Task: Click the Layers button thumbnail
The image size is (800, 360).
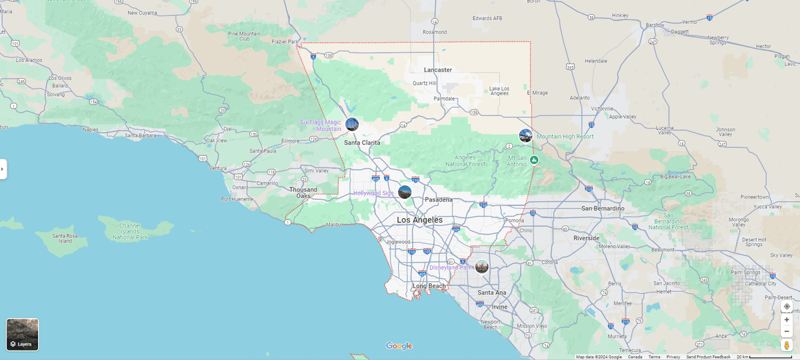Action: (x=23, y=334)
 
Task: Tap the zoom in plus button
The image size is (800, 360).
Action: (x=787, y=320)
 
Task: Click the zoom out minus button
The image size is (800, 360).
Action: (x=787, y=331)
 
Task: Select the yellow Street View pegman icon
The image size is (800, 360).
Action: (x=787, y=345)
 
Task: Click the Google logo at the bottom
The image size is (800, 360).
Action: (x=399, y=346)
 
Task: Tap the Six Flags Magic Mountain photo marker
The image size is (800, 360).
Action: (x=352, y=124)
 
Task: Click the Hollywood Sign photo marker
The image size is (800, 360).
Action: (x=405, y=192)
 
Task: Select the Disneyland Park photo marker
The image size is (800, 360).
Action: (x=481, y=267)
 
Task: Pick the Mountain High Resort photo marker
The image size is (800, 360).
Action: (x=525, y=136)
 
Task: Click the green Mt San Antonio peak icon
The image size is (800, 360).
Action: (x=535, y=160)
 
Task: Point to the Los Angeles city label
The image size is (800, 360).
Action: (x=419, y=220)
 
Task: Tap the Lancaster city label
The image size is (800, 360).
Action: (x=438, y=70)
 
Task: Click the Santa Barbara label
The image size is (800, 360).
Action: (x=140, y=135)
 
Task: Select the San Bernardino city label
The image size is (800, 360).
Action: (x=603, y=209)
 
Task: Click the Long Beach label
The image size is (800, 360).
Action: (x=429, y=286)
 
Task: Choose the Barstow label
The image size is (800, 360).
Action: (x=655, y=25)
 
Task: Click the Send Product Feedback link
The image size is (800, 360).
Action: (x=708, y=357)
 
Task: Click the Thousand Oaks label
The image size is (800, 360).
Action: (x=303, y=193)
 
